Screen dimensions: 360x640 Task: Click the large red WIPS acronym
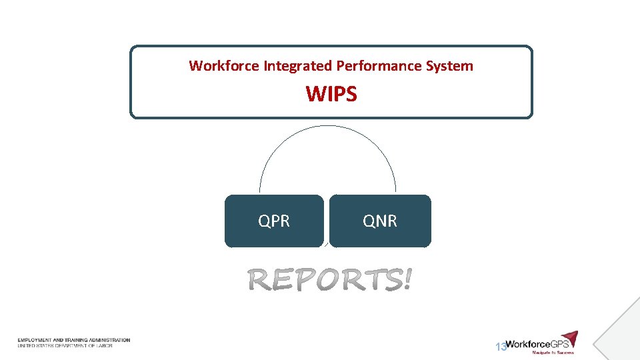point(331,95)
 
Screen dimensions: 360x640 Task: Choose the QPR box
point(274,221)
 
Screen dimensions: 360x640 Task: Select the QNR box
point(380,221)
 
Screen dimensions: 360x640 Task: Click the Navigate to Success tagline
point(552,353)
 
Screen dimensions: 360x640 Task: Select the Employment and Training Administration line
point(74,340)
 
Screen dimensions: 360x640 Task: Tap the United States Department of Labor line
point(65,345)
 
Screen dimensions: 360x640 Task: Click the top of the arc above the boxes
point(327,125)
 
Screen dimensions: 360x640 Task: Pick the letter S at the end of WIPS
point(351,95)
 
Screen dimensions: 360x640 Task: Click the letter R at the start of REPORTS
point(259,281)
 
